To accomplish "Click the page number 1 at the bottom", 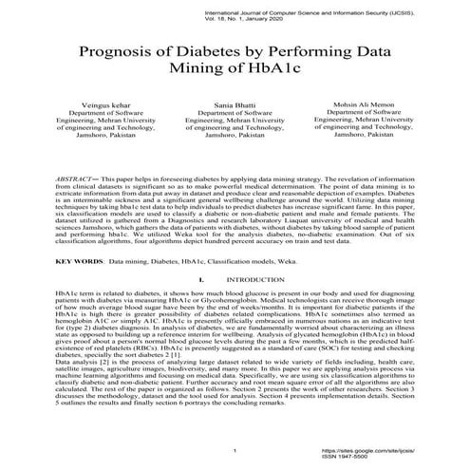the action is (x=234, y=449).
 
